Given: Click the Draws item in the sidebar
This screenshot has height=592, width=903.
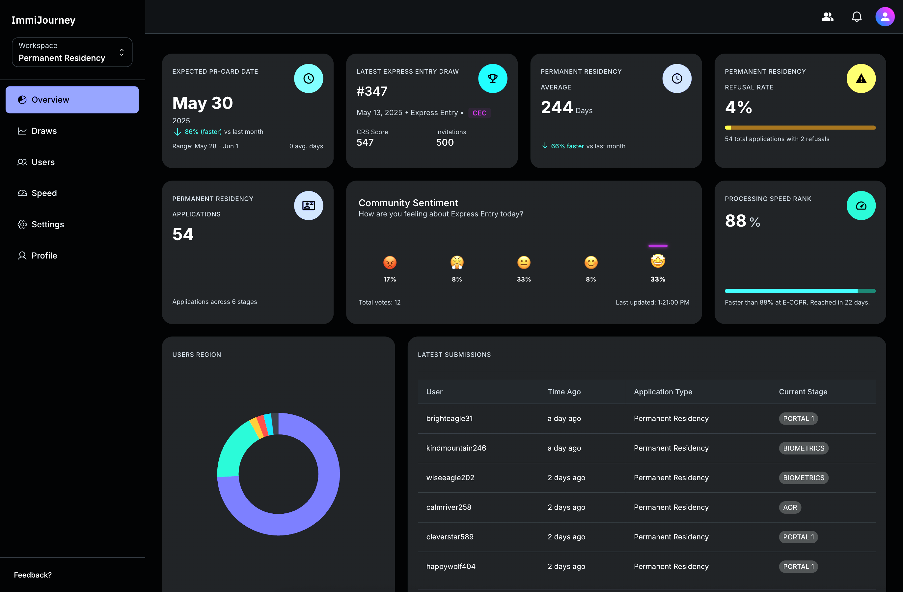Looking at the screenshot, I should click(44, 131).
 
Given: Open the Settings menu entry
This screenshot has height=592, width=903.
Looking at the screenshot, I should click(47, 224).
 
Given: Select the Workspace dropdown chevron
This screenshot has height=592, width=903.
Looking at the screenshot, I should click(122, 52).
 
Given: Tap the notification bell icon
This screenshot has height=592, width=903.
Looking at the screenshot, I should click(856, 17).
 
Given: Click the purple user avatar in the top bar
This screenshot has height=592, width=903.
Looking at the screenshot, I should click(885, 17).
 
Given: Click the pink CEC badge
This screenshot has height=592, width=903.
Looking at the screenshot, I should click(479, 113).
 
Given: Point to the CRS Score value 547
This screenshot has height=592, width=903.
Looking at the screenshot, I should click(365, 142).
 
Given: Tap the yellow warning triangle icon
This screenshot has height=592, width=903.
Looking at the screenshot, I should click(861, 79).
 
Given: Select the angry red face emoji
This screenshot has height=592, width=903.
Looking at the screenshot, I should click(390, 262).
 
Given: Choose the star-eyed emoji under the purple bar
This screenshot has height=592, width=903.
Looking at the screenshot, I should click(658, 261).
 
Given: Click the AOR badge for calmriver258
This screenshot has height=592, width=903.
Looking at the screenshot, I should click(790, 507).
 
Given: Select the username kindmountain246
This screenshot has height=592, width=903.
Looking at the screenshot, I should click(456, 448).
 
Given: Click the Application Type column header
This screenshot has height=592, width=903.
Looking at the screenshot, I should click(663, 392).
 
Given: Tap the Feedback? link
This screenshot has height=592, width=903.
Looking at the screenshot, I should click(33, 575).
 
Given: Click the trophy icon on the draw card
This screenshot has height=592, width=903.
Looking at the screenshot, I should click(492, 79).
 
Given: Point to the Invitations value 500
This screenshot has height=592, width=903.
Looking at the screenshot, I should click(445, 142).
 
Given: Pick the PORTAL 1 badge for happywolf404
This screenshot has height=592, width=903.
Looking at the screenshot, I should click(798, 567).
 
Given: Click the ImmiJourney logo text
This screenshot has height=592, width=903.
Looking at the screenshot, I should click(43, 20).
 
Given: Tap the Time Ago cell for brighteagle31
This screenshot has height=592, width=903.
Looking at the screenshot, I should click(564, 418).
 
